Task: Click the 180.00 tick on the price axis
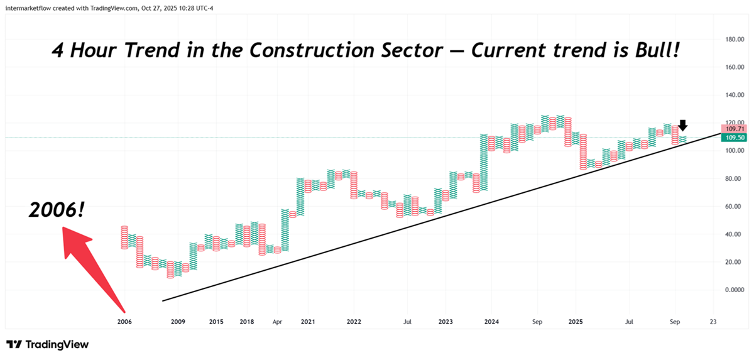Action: [x=735, y=39]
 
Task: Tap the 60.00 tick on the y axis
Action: [x=735, y=206]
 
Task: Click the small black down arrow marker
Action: [x=683, y=125]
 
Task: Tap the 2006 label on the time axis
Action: [x=125, y=322]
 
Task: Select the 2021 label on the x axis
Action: [x=307, y=322]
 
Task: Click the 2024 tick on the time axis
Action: [x=491, y=322]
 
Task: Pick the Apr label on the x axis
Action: [x=277, y=322]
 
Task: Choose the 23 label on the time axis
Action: [x=712, y=322]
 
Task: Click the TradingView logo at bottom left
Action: [x=48, y=344]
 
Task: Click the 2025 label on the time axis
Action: [x=576, y=322]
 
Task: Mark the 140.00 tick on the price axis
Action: [x=735, y=95]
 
